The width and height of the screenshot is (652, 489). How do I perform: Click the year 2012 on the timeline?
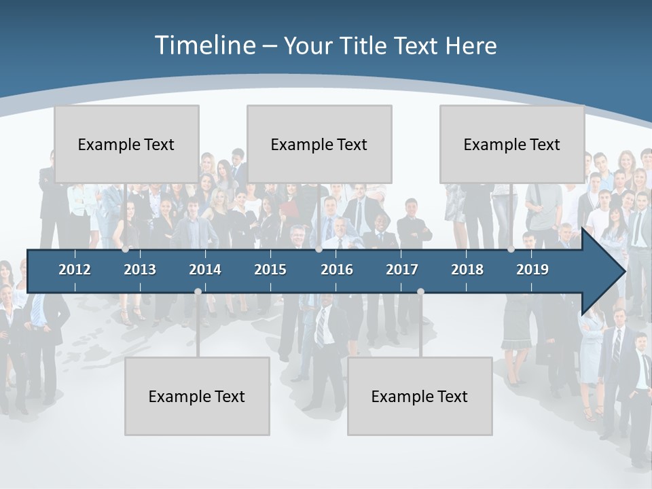75,270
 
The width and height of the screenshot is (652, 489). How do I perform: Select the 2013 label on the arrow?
140,270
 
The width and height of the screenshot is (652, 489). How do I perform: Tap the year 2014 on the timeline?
205,270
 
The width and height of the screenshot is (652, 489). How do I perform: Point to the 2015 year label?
270,270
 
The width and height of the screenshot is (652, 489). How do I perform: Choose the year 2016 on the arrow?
337,270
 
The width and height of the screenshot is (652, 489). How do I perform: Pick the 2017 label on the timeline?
402,270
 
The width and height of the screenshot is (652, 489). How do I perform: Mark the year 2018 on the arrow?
467,270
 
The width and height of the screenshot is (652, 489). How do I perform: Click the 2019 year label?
532,270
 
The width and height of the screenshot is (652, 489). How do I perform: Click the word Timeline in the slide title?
204,46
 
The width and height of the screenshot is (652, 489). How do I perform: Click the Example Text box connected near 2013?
126,144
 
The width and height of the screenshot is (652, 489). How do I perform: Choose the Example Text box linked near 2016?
319,144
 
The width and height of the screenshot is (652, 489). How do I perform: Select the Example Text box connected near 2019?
512,144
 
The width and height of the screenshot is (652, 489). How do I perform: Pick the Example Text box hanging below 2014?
197,396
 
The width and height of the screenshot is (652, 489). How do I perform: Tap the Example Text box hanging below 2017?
420,396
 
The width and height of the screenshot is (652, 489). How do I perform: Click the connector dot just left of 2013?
125,249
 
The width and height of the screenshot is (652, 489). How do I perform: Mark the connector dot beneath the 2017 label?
420,291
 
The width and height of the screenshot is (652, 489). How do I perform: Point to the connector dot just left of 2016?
319,249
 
